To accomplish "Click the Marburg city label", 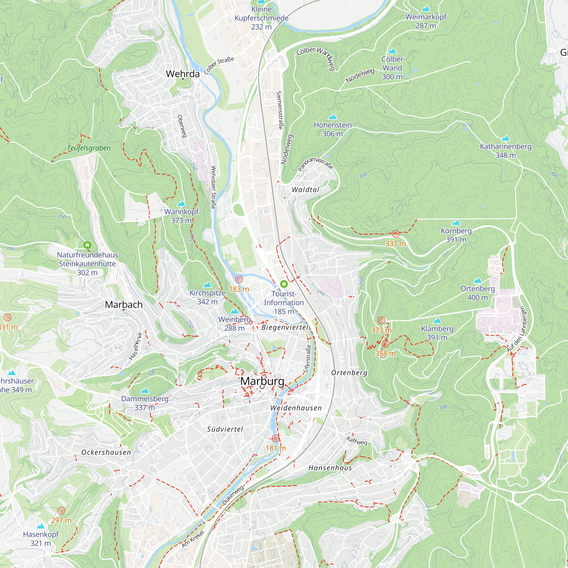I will [262, 381].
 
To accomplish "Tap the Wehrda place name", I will [183, 74].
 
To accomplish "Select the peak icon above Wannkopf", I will [181, 203].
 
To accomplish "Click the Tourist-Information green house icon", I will [284, 284].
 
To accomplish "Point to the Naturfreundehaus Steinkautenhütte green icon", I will [87, 245].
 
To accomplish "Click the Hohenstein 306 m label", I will [333, 129].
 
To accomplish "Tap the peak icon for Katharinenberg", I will [506, 138].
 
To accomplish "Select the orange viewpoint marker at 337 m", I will [395, 234].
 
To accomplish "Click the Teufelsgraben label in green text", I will [89, 148].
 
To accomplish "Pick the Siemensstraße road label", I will [280, 110].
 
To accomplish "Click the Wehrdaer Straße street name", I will [214, 187].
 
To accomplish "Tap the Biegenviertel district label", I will [285, 327].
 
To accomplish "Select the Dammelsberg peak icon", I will [144, 391].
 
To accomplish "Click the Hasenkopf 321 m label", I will [41, 538].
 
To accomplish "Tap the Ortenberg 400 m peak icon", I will [477, 280].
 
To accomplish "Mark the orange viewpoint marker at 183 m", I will [239, 279].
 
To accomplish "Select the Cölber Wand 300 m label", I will [392, 68].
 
